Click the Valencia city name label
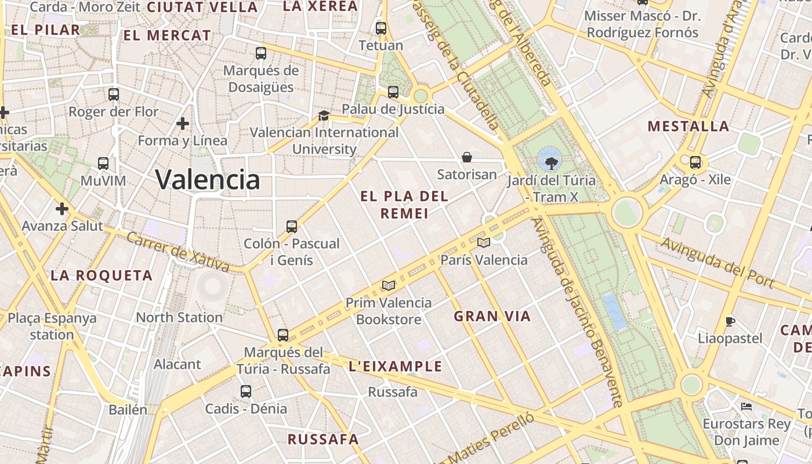(x=208, y=179)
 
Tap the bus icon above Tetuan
(x=381, y=28)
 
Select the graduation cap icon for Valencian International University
(x=324, y=115)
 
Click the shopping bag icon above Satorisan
(x=466, y=157)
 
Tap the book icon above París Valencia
(x=483, y=242)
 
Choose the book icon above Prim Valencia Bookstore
(x=388, y=285)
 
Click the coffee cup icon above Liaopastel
(x=730, y=321)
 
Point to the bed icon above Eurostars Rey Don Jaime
(x=746, y=407)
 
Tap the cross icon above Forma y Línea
(x=183, y=124)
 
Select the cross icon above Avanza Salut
(x=62, y=209)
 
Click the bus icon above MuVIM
(x=103, y=164)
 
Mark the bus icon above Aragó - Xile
(x=695, y=162)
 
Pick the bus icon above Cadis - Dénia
(x=246, y=391)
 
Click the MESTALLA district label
(x=688, y=126)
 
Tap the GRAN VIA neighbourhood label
(x=492, y=316)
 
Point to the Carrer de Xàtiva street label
(x=177, y=252)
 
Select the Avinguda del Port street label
(x=717, y=262)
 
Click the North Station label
(x=179, y=317)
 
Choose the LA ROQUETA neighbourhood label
(x=101, y=275)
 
